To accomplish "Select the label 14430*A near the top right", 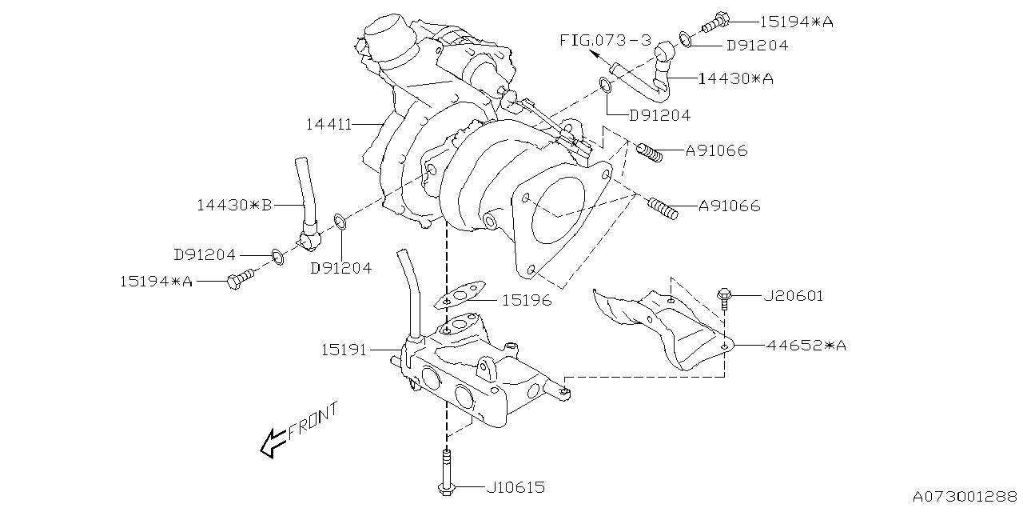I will point(735,78).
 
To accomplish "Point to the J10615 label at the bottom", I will point(515,486).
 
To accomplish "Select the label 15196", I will point(527,301).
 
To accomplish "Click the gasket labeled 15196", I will point(461,296).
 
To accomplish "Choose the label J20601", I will point(793,296).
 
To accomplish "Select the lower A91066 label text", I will point(729,206).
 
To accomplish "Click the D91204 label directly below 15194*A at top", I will point(757,46).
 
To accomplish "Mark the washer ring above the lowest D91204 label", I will point(339,221).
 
